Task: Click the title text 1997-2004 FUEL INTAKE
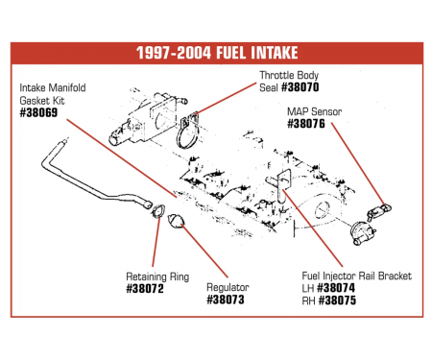[x=216, y=56]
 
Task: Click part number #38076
[x=308, y=123]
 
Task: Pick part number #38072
[x=146, y=287]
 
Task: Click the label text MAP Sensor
[x=313, y=111]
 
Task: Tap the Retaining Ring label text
[x=156, y=276]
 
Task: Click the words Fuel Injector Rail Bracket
[x=356, y=276]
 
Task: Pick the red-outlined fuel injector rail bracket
[x=285, y=183]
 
